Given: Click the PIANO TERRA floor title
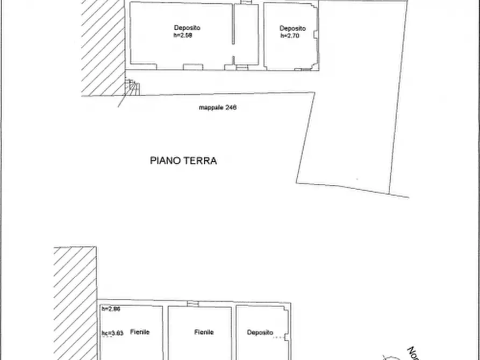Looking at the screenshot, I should [x=183, y=160].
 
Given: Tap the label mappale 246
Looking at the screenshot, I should [x=218, y=107].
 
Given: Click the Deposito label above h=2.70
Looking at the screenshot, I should [x=292, y=28].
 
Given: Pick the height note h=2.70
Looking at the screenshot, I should [x=290, y=36].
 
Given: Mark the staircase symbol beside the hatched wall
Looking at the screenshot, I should [x=131, y=87].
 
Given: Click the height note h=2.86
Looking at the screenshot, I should [x=112, y=309].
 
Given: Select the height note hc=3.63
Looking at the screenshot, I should [x=113, y=333].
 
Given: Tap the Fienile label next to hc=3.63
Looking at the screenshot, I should [x=139, y=333].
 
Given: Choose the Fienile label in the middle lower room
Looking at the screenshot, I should [x=204, y=333].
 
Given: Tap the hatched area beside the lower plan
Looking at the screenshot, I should [x=75, y=301].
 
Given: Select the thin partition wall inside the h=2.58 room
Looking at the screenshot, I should [x=233, y=32].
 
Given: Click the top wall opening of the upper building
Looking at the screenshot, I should [x=245, y=3].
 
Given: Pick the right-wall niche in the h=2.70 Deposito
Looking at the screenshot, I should [x=316, y=35].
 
